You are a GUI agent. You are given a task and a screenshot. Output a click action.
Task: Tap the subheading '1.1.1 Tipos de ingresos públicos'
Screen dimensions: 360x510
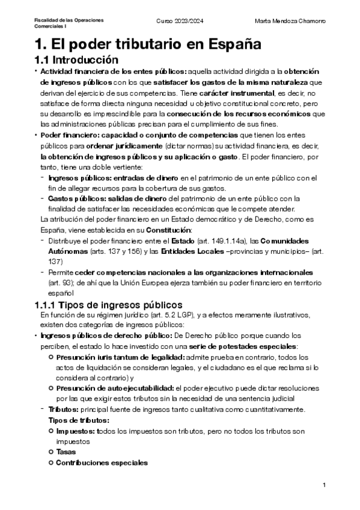click(x=109, y=305)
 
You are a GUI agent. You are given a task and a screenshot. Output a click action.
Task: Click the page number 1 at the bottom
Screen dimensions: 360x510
click(x=324, y=485)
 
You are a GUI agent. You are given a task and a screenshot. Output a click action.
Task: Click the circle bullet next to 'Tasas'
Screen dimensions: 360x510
click(x=50, y=451)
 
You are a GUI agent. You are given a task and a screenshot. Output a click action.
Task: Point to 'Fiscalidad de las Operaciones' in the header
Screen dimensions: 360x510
click(x=69, y=20)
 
